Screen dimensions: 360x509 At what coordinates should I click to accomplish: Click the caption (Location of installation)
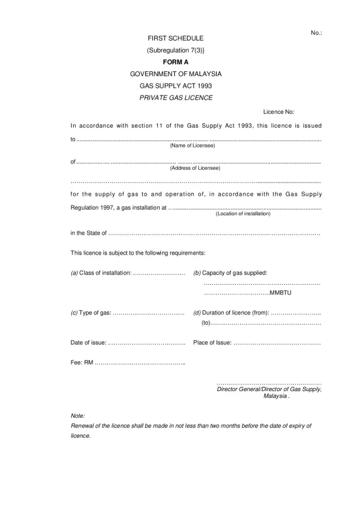pyautogui.click(x=243, y=213)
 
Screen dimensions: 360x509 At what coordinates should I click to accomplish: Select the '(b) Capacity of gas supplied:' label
pyautogui.click(x=230, y=273)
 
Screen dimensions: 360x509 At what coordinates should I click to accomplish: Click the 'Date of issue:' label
pyautogui.click(x=88, y=343)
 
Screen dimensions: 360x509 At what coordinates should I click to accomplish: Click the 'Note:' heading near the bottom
pyautogui.click(x=77, y=417)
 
